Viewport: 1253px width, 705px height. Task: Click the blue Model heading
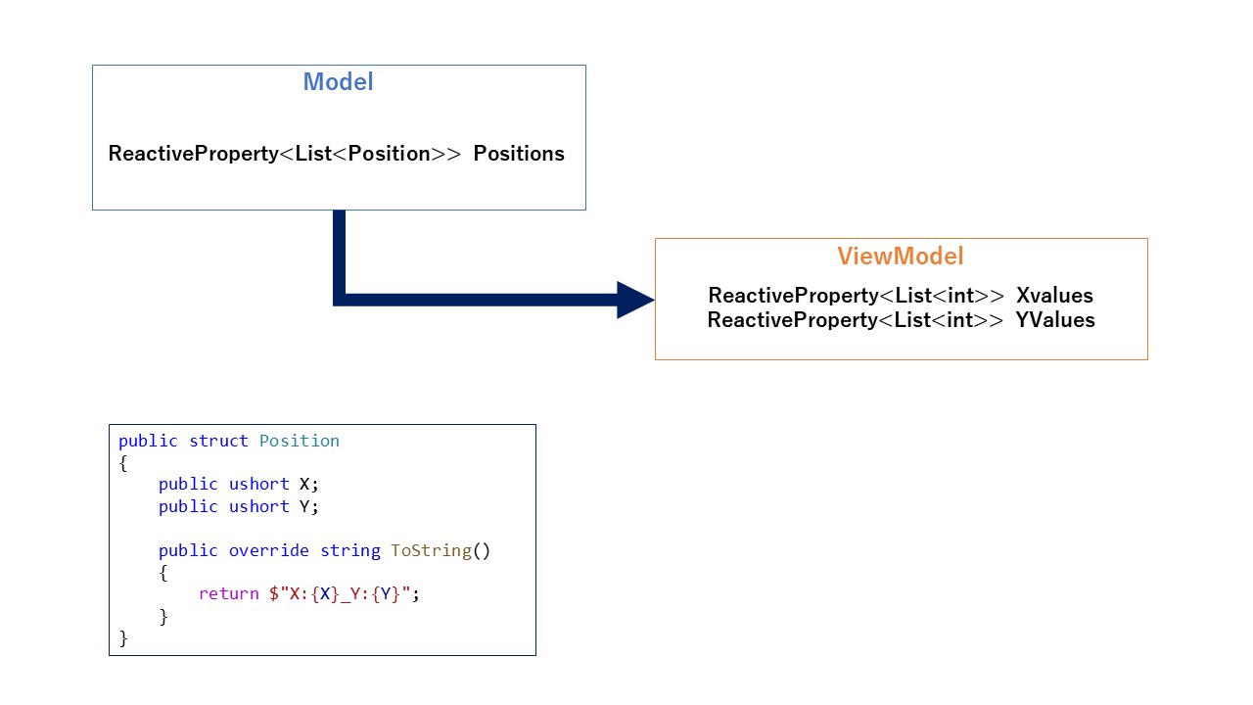pos(338,82)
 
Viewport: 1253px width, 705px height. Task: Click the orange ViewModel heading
pos(900,257)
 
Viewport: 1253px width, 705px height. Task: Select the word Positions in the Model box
pos(519,154)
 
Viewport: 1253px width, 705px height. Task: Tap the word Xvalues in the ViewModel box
pos(1054,296)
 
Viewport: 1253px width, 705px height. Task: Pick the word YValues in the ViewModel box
pos(1055,320)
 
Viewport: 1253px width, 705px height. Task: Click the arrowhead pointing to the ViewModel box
pos(635,300)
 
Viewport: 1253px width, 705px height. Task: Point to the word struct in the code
pos(218,441)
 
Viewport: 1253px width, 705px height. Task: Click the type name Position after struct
pos(299,441)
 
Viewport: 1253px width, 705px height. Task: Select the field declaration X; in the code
pos(308,484)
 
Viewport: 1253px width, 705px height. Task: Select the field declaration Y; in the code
pos(308,506)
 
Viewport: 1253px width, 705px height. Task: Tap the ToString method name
pos(431,550)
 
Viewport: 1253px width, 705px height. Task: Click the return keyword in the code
pos(228,594)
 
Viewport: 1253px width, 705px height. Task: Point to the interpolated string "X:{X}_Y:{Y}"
pos(344,594)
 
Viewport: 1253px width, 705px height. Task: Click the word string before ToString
pos(349,550)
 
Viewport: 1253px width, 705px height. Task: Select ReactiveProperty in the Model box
pos(194,154)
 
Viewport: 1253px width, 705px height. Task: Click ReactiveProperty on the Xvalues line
pos(793,296)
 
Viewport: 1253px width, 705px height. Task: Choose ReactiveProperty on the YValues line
pos(793,320)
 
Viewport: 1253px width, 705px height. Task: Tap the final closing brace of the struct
pos(123,638)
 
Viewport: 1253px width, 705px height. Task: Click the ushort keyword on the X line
pos(258,484)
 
